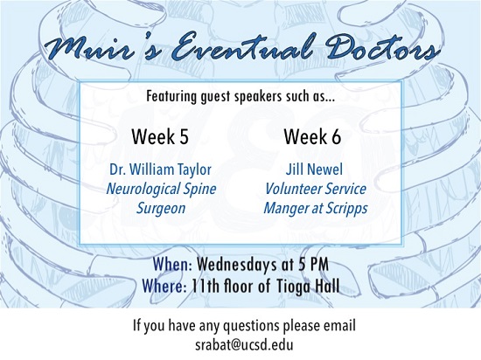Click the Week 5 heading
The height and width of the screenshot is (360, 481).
click(x=160, y=136)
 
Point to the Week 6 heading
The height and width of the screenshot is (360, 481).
click(x=312, y=136)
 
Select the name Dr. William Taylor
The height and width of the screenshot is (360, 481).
click(x=160, y=170)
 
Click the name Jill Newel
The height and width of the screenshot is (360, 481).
click(x=314, y=170)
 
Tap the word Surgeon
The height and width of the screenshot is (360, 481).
click(x=161, y=208)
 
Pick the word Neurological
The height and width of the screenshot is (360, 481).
click(x=143, y=189)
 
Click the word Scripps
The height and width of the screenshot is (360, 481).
click(x=346, y=208)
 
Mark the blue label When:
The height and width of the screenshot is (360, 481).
click(x=172, y=264)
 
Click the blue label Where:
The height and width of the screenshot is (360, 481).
click(x=164, y=286)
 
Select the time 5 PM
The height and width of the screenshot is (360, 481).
click(x=313, y=265)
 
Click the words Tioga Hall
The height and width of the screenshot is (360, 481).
click(x=308, y=286)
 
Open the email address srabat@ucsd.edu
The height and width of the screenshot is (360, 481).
click(x=244, y=344)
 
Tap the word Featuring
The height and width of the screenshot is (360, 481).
click(x=171, y=96)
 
